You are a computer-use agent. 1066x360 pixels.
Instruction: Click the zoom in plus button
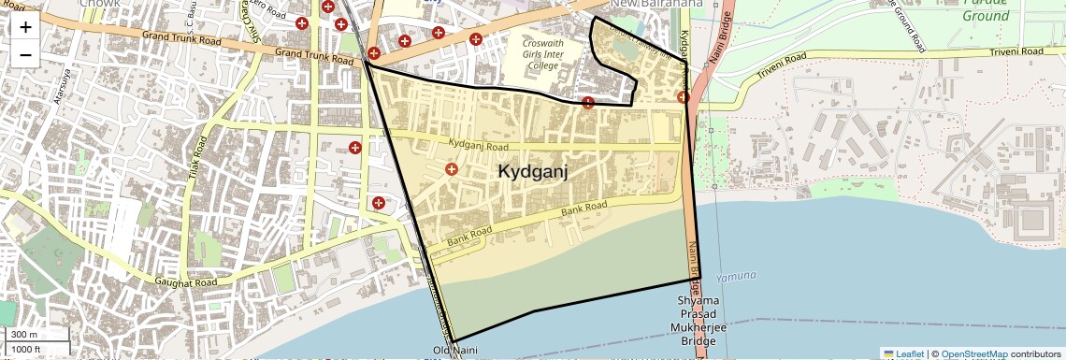tap(25, 26)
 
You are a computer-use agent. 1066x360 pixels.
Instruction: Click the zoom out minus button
tap(25, 54)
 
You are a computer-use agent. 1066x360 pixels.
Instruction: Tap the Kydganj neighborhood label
tap(533, 172)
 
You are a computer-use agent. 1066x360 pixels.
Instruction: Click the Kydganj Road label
tap(478, 146)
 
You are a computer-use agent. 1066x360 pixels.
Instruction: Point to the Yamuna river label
tap(736, 277)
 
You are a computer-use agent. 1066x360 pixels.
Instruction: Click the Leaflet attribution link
tap(903, 353)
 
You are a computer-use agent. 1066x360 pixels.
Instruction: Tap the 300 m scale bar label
tap(24, 335)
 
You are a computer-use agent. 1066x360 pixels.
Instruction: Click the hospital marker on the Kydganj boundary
tap(587, 102)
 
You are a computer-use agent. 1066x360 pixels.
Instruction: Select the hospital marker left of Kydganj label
tap(452, 169)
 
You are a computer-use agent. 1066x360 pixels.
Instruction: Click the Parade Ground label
tap(986, 9)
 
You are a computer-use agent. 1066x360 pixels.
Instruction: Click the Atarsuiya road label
tap(64, 85)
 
